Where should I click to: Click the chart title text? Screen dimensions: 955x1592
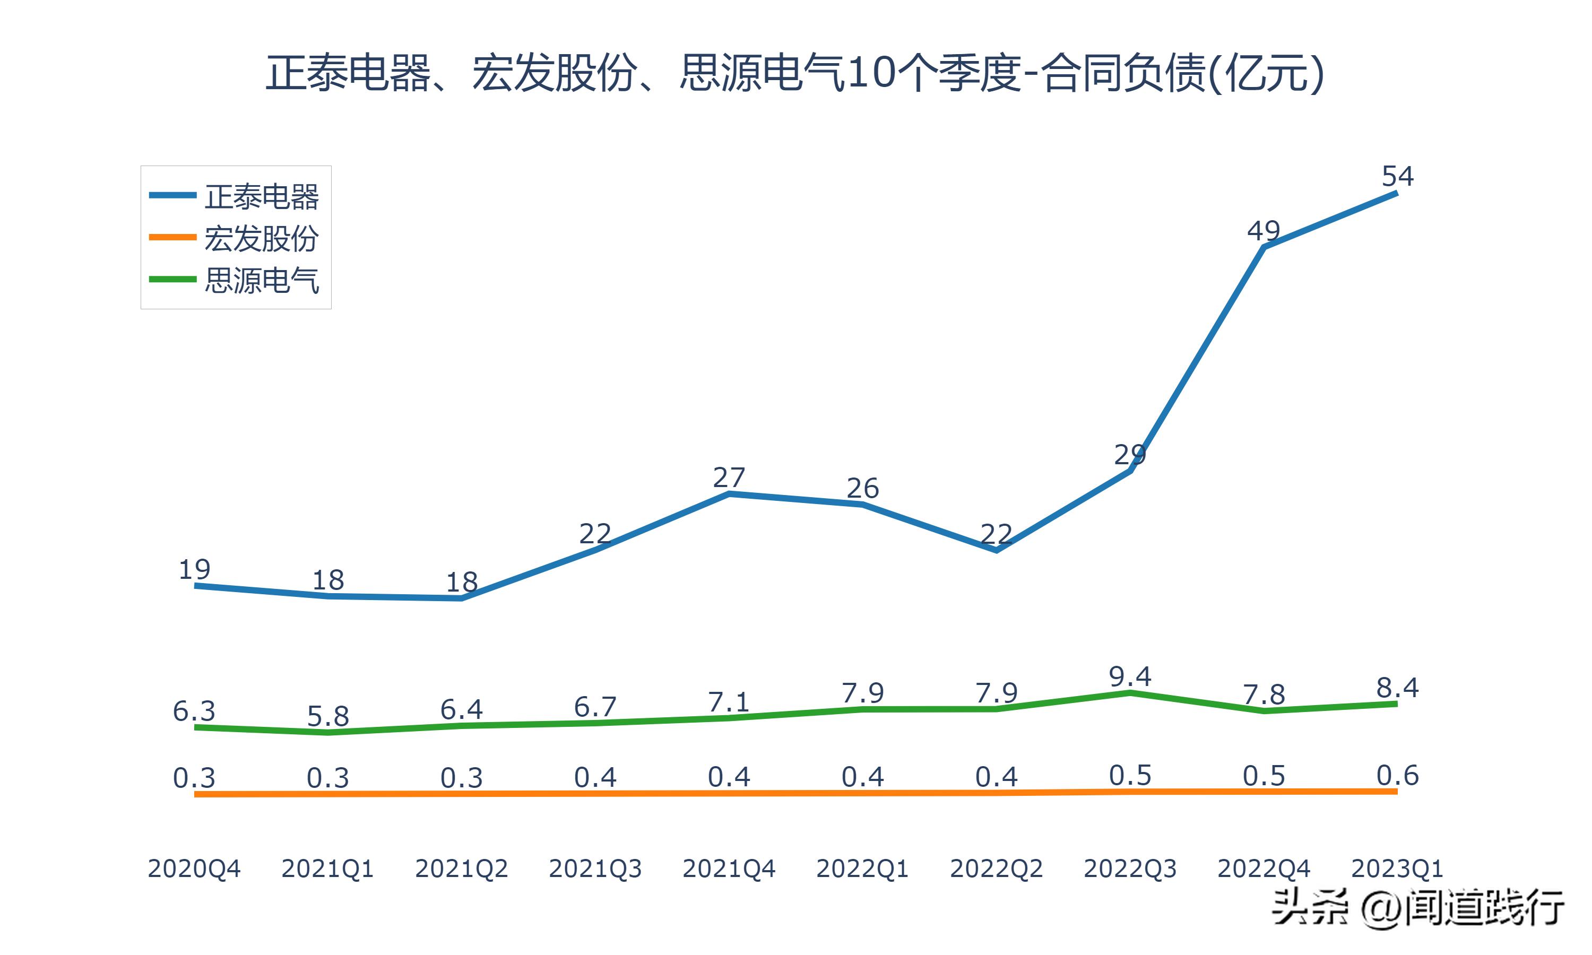tap(795, 73)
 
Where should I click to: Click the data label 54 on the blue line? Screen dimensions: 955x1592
tap(1397, 176)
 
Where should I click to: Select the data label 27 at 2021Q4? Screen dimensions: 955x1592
tap(729, 477)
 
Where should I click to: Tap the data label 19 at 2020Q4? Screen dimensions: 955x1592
tap(194, 569)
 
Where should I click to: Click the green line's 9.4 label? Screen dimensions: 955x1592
tap(1130, 677)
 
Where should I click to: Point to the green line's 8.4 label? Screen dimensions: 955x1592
tap(1397, 688)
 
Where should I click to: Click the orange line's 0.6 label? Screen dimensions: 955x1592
tap(1397, 776)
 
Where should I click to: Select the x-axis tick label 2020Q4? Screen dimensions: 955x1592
tap(194, 869)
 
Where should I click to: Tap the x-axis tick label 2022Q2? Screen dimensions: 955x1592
tap(996, 869)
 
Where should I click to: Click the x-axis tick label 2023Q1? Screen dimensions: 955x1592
tap(1397, 869)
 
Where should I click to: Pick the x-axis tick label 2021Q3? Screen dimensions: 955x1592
tap(595, 869)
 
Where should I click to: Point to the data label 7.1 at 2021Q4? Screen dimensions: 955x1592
tap(729, 701)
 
